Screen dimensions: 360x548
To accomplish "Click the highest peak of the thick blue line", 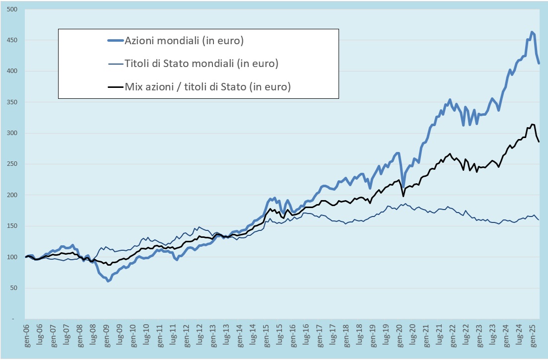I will click(x=532, y=32).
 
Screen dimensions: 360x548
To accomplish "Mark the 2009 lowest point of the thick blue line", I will click(x=108, y=281).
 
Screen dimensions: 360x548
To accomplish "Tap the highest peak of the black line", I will click(x=532, y=124).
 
